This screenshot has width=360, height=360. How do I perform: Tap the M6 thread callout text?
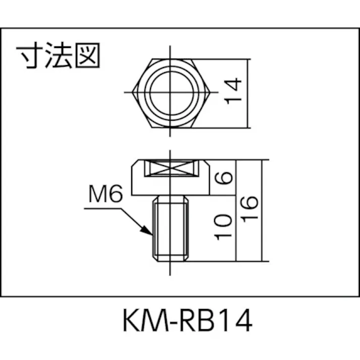click(105, 195)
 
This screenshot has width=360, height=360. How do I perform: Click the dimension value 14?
click(233, 91)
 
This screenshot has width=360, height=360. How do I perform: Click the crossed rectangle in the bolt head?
click(171, 168)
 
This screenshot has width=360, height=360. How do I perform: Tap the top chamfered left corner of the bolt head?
click(135, 163)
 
